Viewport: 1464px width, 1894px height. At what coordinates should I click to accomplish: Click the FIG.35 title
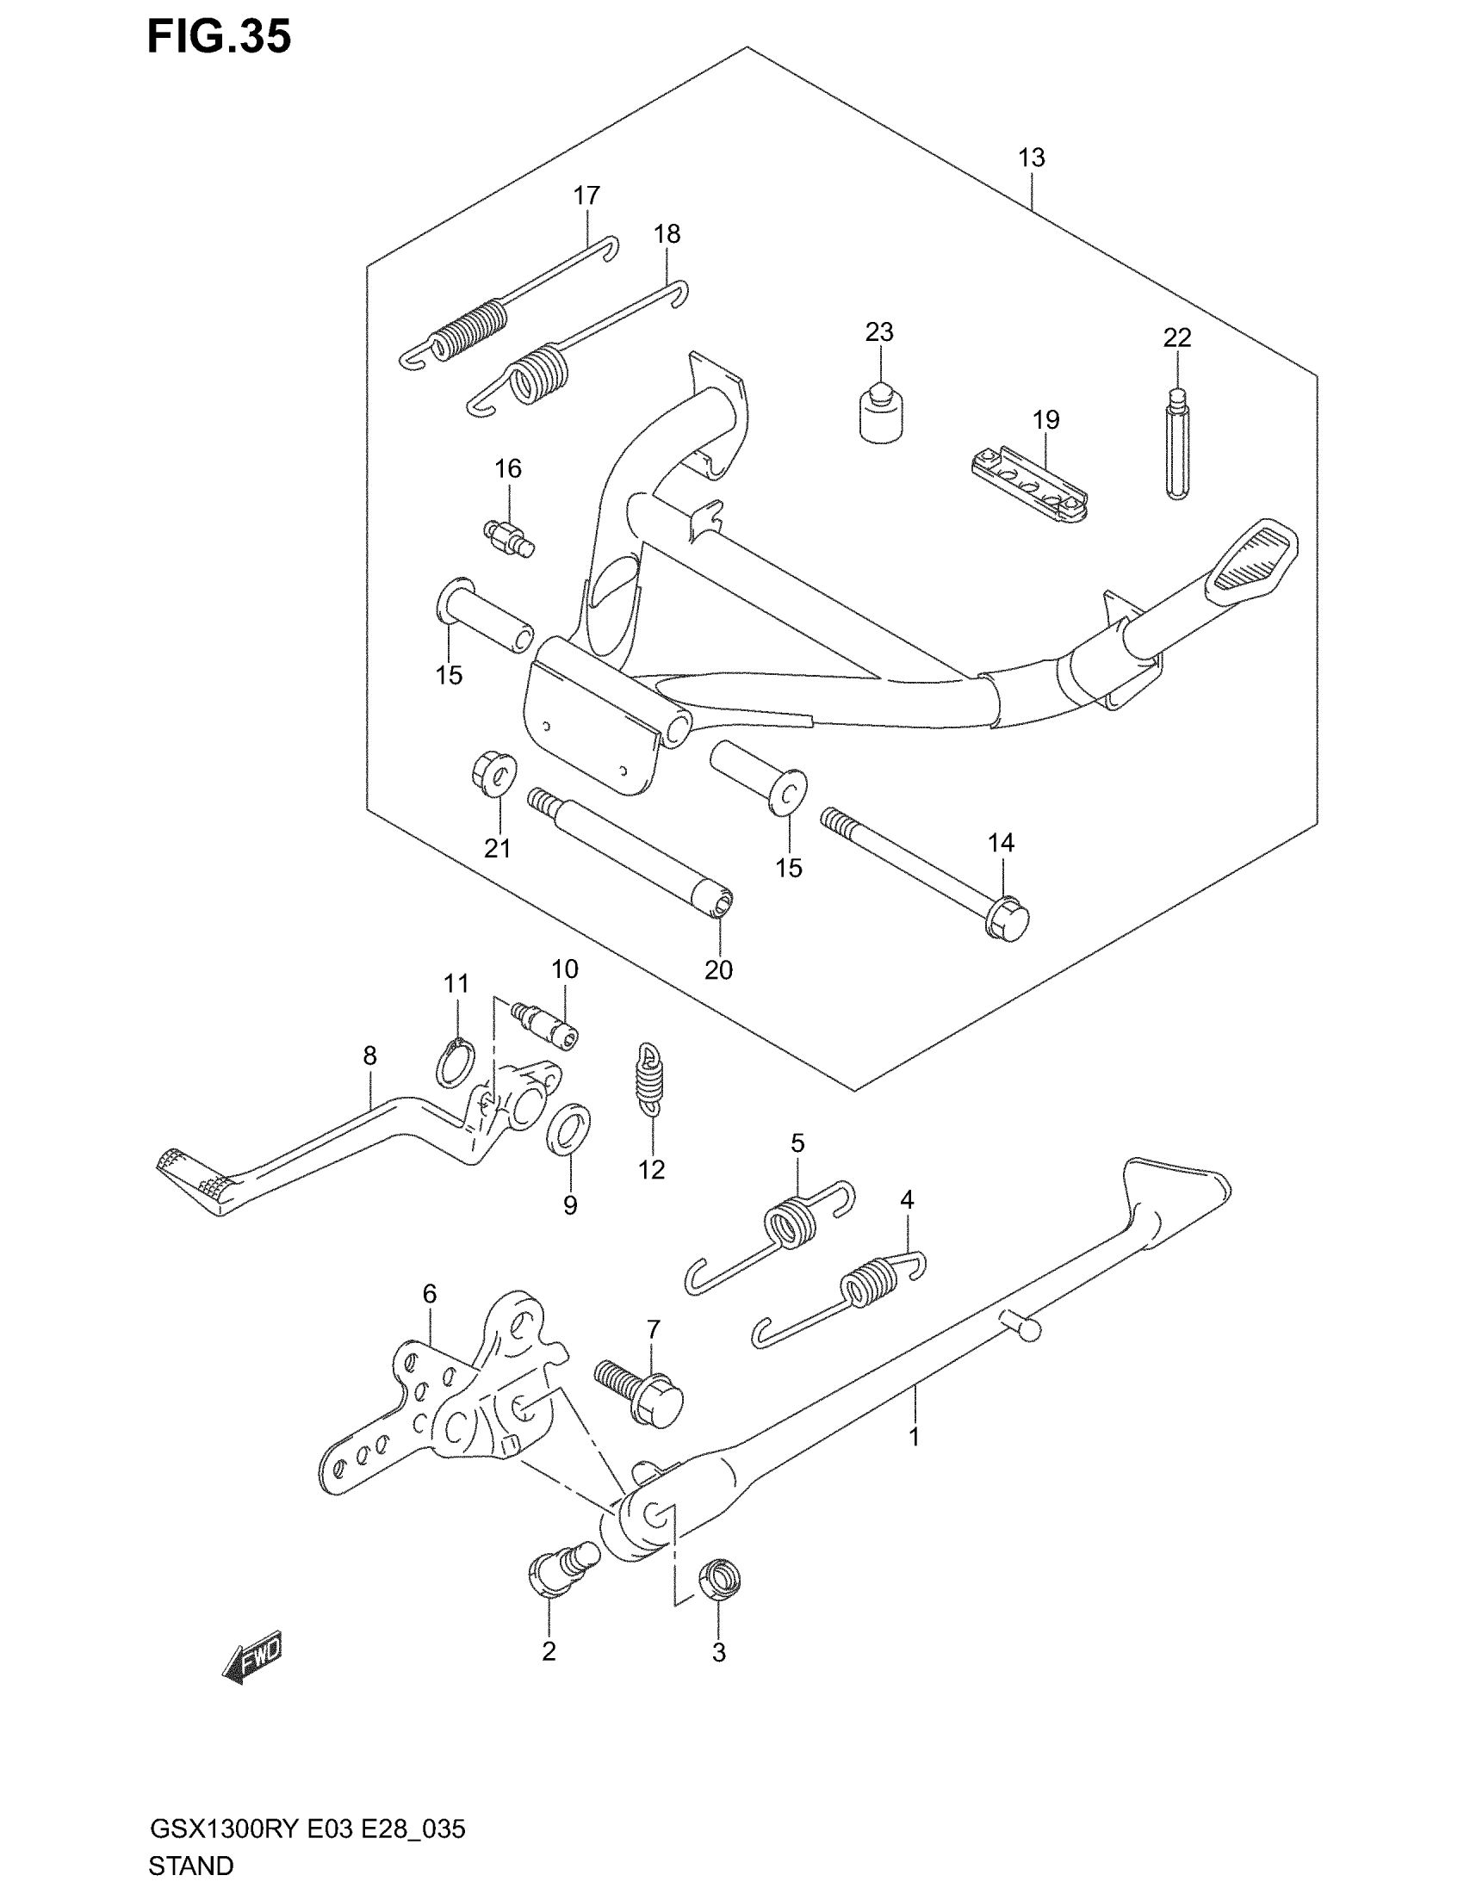tap(219, 37)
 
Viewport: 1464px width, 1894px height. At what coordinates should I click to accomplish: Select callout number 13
tap(1031, 158)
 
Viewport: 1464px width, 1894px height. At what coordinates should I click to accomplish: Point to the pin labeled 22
tap(1177, 444)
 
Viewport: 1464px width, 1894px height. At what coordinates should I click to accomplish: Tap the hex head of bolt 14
tap(1008, 921)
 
